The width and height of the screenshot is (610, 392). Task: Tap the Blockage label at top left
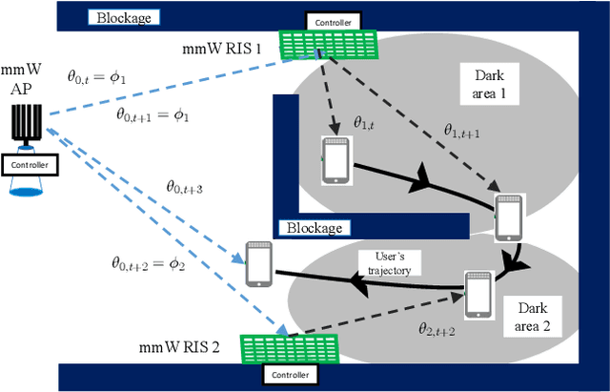[x=124, y=16]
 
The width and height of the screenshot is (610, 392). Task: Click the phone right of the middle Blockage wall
[x=509, y=218]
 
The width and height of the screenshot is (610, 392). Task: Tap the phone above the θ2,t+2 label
[x=478, y=293]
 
